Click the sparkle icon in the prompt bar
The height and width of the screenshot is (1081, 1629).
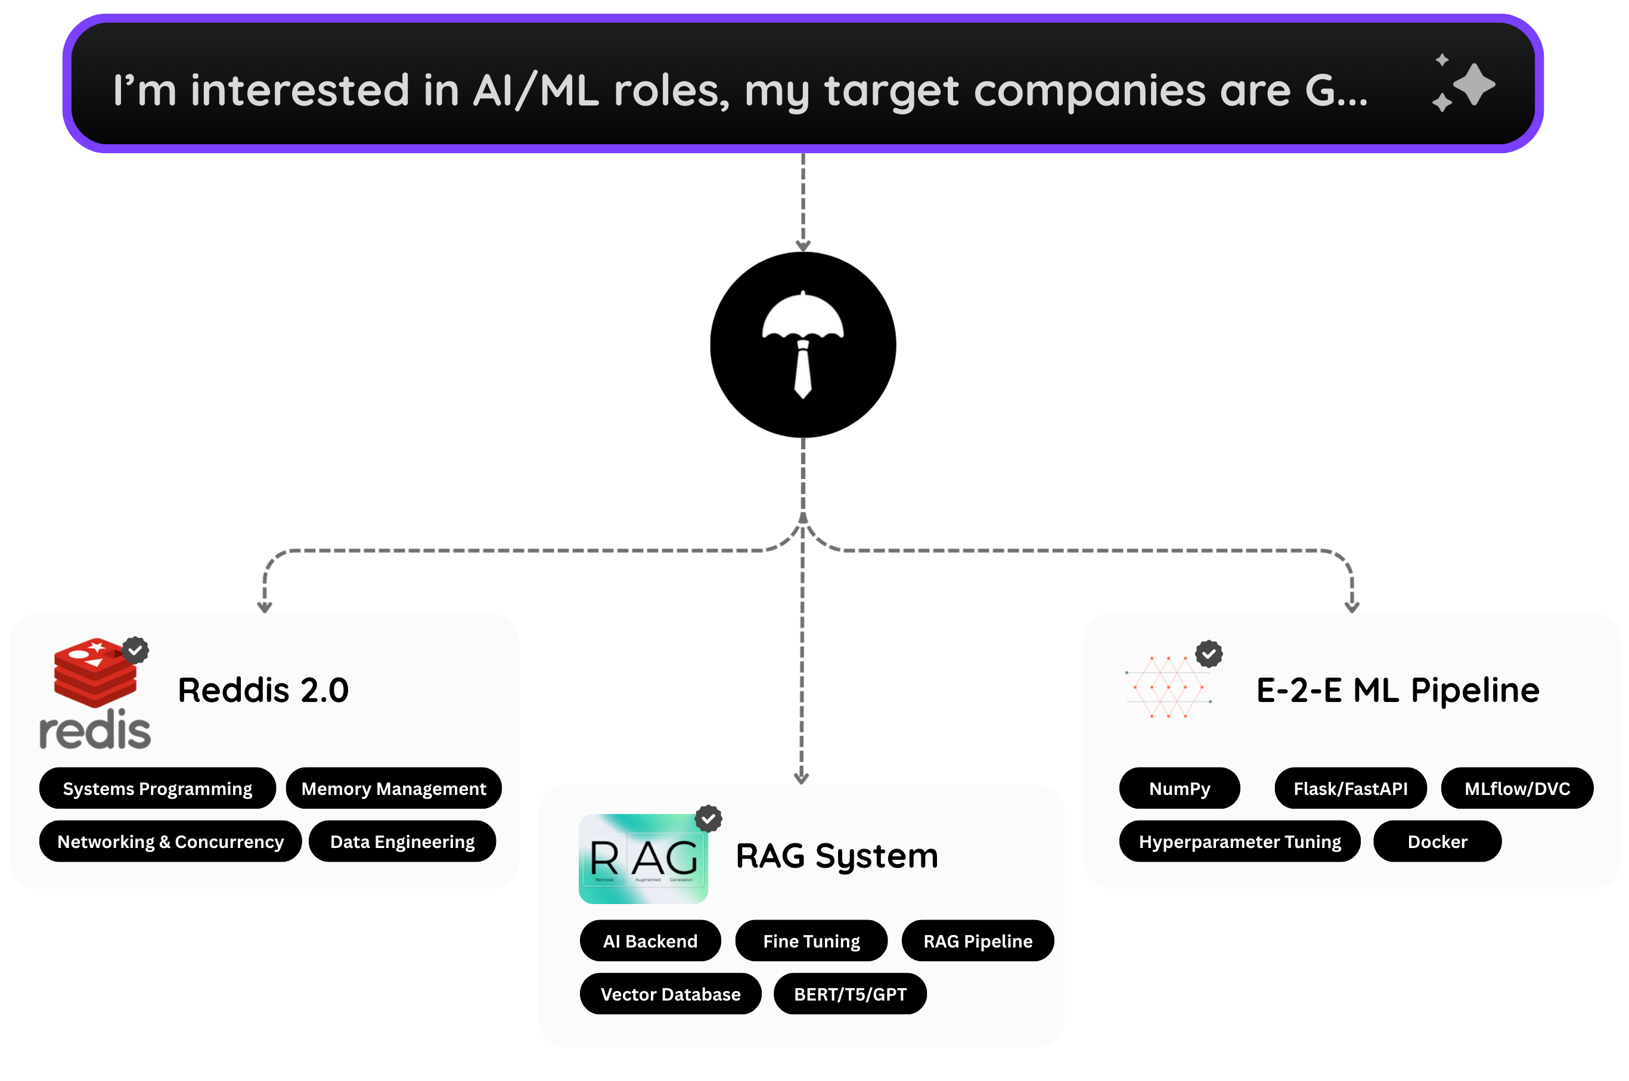(1463, 84)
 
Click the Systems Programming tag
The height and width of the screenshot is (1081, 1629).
(157, 788)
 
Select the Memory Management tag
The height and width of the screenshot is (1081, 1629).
(393, 788)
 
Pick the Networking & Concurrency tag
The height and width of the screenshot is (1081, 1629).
(170, 841)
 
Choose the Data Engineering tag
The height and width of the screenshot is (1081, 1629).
(402, 841)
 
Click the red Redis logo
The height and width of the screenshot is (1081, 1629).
(95, 692)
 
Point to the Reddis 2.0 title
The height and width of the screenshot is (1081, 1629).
(263, 690)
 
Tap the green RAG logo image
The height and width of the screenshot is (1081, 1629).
(643, 858)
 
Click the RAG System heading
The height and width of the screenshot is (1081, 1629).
(837, 856)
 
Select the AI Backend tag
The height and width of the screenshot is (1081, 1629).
(650, 940)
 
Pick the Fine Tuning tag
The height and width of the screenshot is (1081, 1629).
(811, 940)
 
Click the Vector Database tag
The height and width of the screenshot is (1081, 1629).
(670, 993)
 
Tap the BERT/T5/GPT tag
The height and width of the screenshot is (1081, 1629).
(850, 993)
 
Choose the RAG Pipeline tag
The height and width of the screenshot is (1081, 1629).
(978, 940)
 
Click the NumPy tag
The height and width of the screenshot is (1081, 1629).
(1179, 788)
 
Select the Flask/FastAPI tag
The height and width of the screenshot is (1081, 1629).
(1350, 788)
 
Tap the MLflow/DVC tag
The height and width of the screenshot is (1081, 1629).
(1516, 788)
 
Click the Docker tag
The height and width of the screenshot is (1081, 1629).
(1437, 841)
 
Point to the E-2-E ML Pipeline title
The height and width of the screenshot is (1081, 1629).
(1397, 690)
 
